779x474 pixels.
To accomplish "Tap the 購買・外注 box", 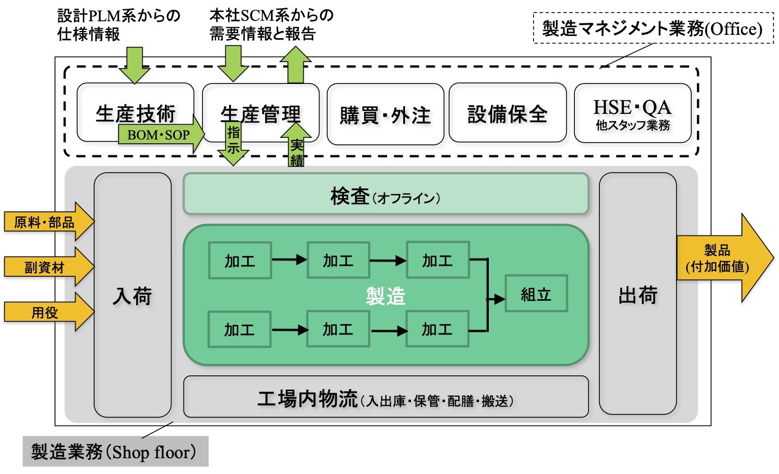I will click(385, 115).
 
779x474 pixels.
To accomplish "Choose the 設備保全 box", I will click(507, 114).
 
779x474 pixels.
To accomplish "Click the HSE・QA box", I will click(632, 114).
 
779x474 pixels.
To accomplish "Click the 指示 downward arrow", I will click(234, 142).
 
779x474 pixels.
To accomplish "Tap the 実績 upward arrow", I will click(296, 147).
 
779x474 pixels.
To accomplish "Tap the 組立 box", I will click(536, 294).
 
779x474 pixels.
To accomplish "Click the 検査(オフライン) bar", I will click(385, 195).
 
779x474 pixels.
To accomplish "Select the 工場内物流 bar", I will click(385, 399).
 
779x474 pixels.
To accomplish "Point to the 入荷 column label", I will click(132, 296).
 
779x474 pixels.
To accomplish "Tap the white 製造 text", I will click(385, 296).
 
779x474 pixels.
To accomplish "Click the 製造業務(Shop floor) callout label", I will click(115, 452).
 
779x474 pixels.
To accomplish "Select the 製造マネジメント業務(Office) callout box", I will click(653, 28).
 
